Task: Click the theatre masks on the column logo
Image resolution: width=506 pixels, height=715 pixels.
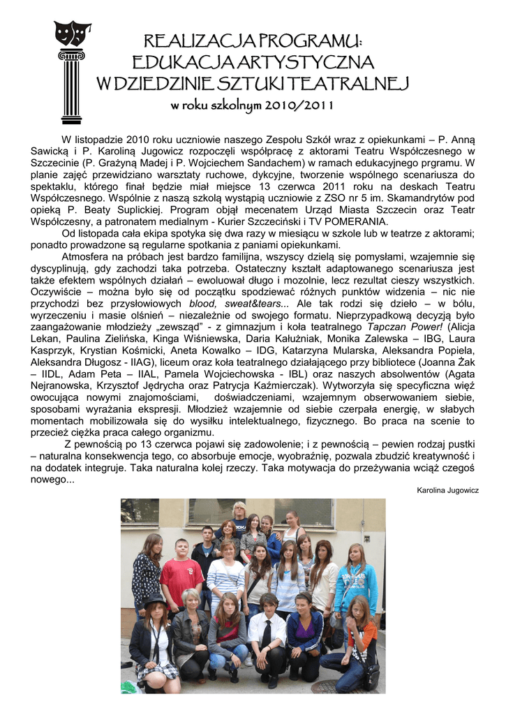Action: coord(73,33)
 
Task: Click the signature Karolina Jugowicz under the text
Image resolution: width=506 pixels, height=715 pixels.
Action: coord(447,490)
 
